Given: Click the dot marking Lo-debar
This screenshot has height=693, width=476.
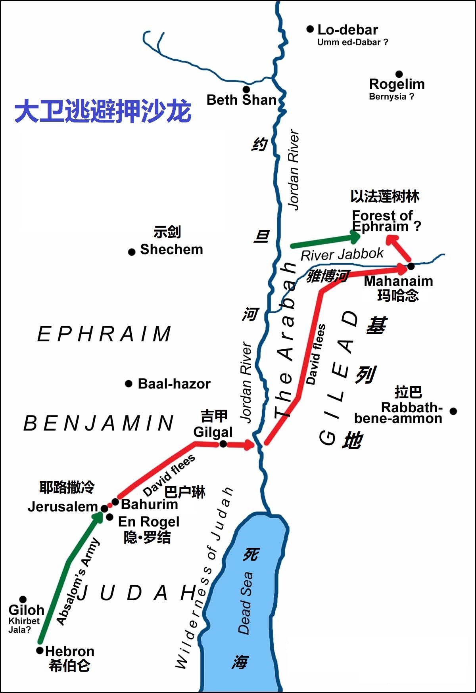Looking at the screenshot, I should coord(310,29).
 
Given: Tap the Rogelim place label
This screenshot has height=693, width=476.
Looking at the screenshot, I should coord(397,84).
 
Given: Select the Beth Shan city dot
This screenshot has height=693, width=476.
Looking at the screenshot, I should coord(246,89).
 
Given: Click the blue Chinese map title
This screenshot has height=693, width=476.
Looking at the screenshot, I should coord(103,111).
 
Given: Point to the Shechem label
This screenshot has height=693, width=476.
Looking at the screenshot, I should coord(171,249).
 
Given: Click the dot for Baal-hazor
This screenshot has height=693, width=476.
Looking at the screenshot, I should coord(129,383).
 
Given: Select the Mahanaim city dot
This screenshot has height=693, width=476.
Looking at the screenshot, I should coord(411,266).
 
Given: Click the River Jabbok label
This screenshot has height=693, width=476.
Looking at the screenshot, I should coord(342,254).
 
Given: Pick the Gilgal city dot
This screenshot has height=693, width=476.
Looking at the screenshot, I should coord(223,444).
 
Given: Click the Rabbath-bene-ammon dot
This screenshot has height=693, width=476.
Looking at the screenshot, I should coord(453,411).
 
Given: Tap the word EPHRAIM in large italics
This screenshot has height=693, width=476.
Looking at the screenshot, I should coord(104,334).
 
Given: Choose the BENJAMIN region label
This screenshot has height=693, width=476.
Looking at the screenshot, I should coord(99,423).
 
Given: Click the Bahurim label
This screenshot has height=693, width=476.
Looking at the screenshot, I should coord(149,504).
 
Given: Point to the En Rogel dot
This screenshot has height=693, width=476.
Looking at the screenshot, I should coord(109,517).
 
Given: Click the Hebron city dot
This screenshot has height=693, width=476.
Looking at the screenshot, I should coord(40,650).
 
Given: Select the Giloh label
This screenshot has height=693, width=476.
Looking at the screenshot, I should coord(26,610).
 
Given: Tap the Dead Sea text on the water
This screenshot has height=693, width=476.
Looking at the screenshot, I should coord(245,603).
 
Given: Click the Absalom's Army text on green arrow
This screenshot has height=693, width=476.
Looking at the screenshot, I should coord(78,581).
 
